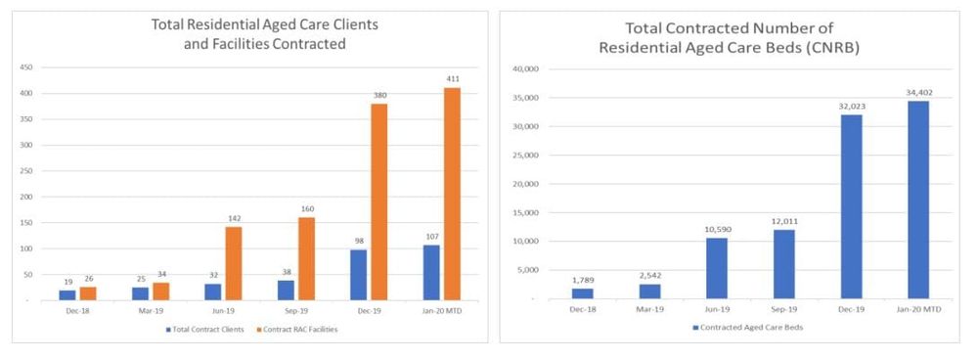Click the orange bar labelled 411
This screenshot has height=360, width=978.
(x=451, y=194)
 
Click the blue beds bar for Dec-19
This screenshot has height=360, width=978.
(x=851, y=205)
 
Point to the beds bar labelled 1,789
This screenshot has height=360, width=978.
(x=583, y=293)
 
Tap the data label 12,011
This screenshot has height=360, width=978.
(x=783, y=219)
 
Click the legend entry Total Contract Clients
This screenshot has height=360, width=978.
(x=206, y=329)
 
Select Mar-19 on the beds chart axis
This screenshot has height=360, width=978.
(x=649, y=310)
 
